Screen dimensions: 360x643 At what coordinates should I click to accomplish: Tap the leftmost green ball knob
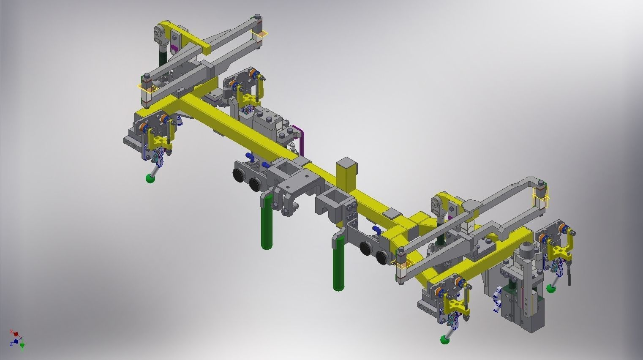pyautogui.click(x=150, y=179)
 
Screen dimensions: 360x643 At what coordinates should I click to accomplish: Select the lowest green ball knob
pyautogui.click(x=444, y=339)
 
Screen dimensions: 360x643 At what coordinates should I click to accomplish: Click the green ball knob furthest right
pyautogui.click(x=551, y=289)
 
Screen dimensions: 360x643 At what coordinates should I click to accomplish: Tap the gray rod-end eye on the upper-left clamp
pyautogui.click(x=160, y=34)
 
